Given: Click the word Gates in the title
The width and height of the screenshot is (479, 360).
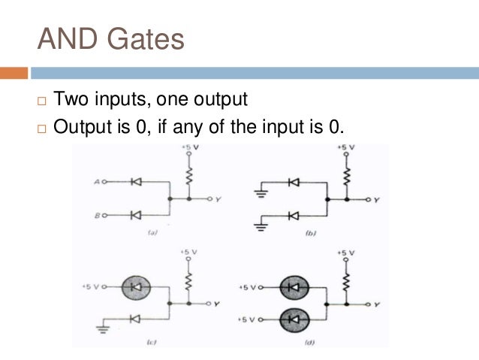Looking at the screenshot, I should [x=143, y=38].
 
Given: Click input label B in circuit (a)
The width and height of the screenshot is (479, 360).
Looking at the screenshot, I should [x=97, y=216].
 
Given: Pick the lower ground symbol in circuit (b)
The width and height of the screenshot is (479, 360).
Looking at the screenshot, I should [x=261, y=225].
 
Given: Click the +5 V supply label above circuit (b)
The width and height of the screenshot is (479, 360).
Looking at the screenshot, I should [x=345, y=147].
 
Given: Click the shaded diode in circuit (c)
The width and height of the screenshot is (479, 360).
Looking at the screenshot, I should [x=136, y=287].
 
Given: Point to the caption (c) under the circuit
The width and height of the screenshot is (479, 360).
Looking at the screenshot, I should [x=150, y=343].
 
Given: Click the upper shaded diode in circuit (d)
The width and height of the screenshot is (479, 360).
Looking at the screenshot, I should [x=294, y=287].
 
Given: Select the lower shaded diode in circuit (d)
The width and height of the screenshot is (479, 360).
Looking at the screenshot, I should [x=294, y=320].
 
